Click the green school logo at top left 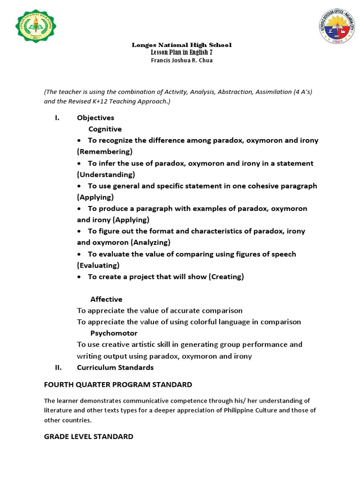(x=36, y=29)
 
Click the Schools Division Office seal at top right (x=337, y=27)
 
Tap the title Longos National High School (x=182, y=45)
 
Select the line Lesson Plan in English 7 (x=182, y=52)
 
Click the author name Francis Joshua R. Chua (x=182, y=60)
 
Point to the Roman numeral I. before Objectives (x=57, y=118)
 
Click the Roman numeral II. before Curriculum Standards (x=58, y=367)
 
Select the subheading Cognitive (x=105, y=129)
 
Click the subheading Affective (x=106, y=299)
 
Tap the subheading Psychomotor (x=114, y=333)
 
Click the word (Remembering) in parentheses (x=105, y=152)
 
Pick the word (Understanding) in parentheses (x=106, y=175)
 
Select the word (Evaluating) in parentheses (x=99, y=265)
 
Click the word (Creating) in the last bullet (x=226, y=277)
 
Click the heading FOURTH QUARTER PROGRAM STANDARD (x=118, y=384)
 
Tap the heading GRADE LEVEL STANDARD (x=89, y=436)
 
